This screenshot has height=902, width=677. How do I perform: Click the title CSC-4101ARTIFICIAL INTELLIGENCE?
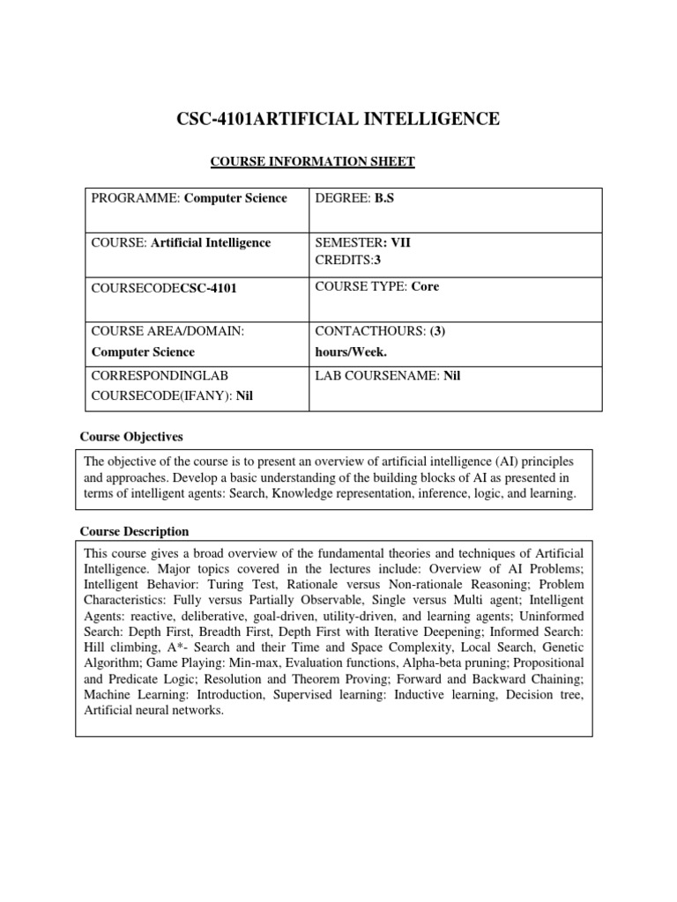[x=338, y=118]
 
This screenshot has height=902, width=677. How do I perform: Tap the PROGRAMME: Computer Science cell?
[x=190, y=198]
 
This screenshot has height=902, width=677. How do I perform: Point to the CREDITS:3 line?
[x=346, y=260]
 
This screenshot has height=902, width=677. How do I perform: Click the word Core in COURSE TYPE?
[x=424, y=286]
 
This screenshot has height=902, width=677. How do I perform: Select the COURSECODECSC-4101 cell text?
[x=164, y=288]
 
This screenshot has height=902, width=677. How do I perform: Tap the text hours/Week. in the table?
[x=351, y=351]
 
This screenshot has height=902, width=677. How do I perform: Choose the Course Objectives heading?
[x=132, y=437]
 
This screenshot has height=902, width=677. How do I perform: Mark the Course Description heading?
[x=135, y=531]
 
